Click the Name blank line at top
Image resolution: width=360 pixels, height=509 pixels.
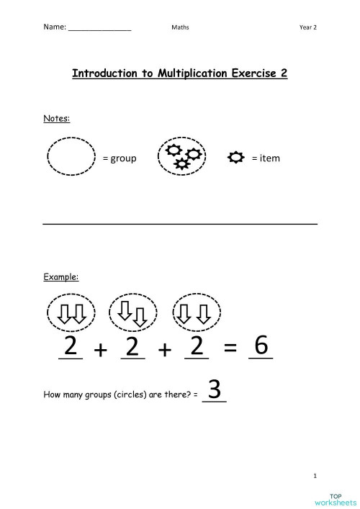point(99,28)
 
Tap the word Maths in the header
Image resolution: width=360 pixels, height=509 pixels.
point(180,27)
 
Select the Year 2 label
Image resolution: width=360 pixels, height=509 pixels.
point(308,27)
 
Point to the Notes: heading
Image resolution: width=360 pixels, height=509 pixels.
point(57,118)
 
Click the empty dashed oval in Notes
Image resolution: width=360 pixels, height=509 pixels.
point(71,158)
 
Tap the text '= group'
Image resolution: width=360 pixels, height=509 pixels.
point(119,158)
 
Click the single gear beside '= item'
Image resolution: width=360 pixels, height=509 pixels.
point(235,158)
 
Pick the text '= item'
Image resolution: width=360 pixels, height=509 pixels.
point(266,158)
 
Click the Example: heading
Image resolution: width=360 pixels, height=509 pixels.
point(61,276)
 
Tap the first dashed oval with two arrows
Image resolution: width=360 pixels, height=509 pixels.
point(71,312)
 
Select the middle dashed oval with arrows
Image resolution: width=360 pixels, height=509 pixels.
point(132,312)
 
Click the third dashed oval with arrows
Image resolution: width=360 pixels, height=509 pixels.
point(196,312)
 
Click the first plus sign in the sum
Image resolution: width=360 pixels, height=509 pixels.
point(100,351)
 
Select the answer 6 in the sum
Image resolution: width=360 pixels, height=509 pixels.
point(261,346)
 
